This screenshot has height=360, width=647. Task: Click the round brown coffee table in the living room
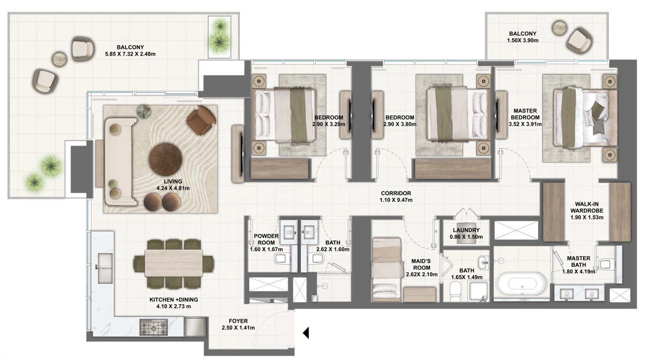click(165, 160)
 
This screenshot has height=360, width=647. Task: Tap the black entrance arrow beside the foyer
click(306, 333)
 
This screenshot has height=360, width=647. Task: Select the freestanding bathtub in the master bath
click(521, 284)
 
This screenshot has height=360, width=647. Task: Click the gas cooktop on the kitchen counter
click(154, 327)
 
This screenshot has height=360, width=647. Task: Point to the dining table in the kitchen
click(173, 264)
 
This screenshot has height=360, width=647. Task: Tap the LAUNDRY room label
click(466, 230)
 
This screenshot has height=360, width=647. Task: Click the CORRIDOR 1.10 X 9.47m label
click(396, 196)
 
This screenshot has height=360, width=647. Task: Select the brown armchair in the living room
click(201, 120)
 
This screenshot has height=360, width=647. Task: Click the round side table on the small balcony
click(560, 27)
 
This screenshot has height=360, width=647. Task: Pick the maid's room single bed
click(387, 268)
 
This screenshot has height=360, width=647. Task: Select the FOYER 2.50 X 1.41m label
click(238, 324)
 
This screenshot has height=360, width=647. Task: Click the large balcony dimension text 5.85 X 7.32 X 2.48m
click(131, 53)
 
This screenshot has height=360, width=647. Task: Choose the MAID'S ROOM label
click(422, 264)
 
